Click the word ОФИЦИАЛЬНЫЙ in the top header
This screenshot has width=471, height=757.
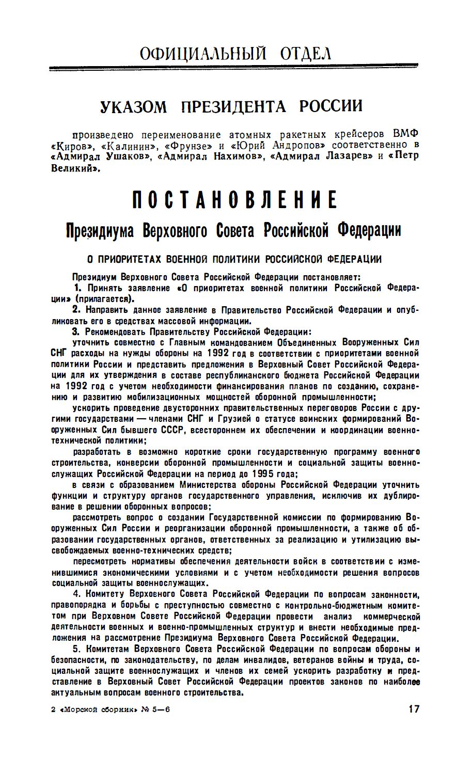(203, 53)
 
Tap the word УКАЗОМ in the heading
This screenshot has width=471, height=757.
(133, 107)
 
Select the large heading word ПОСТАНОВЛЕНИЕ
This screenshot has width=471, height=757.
(235, 200)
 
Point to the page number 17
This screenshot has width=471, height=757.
(414, 709)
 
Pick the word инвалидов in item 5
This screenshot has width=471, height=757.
(273, 660)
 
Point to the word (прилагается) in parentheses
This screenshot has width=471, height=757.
(105, 298)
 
